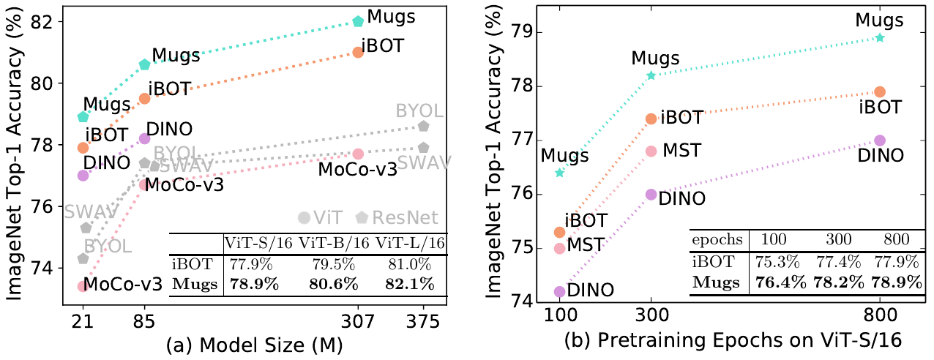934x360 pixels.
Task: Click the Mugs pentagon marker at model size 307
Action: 358,21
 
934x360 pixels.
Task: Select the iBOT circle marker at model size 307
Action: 358,52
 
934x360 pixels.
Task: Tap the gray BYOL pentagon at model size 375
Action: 423,126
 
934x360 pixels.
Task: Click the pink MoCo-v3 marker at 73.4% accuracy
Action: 83,286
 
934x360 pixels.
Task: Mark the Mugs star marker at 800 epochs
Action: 880,37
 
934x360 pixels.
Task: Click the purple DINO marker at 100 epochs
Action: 560,291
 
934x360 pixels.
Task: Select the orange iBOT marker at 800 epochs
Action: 880,91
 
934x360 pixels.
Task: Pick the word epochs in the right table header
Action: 716,240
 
